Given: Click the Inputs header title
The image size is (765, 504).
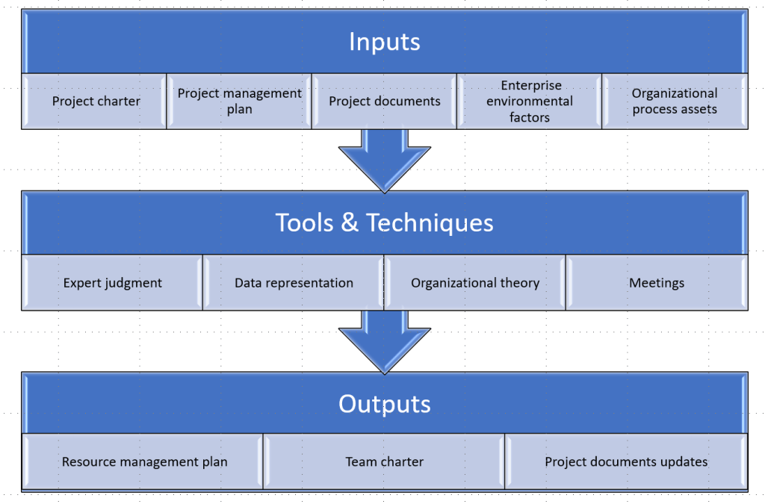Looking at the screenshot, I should pos(384,42).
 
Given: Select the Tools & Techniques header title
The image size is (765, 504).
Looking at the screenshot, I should pos(384,223).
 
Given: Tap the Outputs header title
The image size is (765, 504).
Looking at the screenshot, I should pos(384,404).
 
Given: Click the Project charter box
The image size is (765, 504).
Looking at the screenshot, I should pos(96,102).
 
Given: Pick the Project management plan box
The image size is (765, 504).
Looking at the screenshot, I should pos(240,102).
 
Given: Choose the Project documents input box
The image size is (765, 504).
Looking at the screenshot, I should pos(385,102).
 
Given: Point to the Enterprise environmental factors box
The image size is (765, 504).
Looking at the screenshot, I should pos(530,102).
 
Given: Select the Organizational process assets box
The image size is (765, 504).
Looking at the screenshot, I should pos(675,102).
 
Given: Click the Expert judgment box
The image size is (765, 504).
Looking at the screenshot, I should pos(113,283).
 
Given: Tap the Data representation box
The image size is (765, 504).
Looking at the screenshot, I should pos(294,283).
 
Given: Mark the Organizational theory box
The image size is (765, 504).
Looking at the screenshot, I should pos(475,283).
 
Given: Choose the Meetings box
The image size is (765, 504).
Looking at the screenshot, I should pos(657,283).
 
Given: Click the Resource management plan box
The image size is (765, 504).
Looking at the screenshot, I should pos(144,462).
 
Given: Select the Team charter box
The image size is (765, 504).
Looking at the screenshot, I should pos(385,462).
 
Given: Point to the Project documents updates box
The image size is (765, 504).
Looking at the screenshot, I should pos(626,462).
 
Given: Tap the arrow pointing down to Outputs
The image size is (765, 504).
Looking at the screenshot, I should pos(384,342).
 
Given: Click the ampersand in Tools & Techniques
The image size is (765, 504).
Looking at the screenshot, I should pos(349,223).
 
